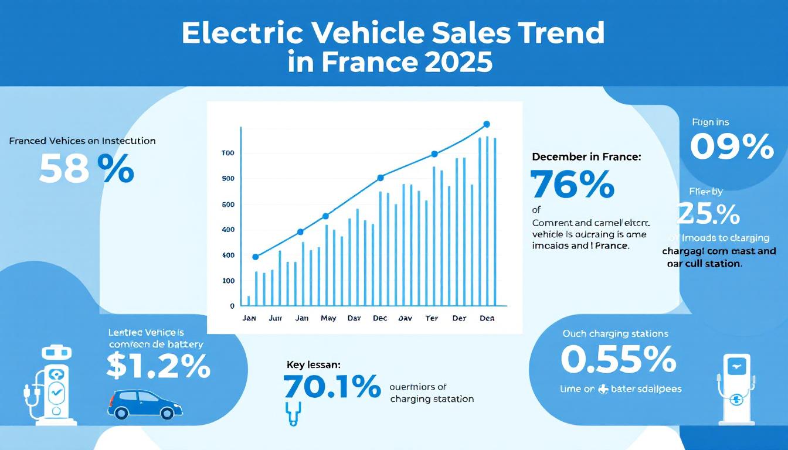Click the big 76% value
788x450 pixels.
coord(572,185)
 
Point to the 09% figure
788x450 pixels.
coord(732,146)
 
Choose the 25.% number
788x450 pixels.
coord(709,214)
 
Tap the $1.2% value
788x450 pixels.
coord(158,367)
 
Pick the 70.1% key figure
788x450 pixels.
coord(331,387)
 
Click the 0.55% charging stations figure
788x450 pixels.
coord(619,360)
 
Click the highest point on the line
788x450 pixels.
coord(486,124)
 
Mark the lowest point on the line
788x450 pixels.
coord(255,257)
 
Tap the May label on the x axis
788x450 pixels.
coord(328,319)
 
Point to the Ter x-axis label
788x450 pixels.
coord(432,319)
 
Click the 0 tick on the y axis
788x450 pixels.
coord(232,306)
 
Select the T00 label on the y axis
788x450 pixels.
coord(227,153)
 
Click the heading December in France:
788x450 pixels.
coord(586,157)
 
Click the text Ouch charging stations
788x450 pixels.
coord(615,334)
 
